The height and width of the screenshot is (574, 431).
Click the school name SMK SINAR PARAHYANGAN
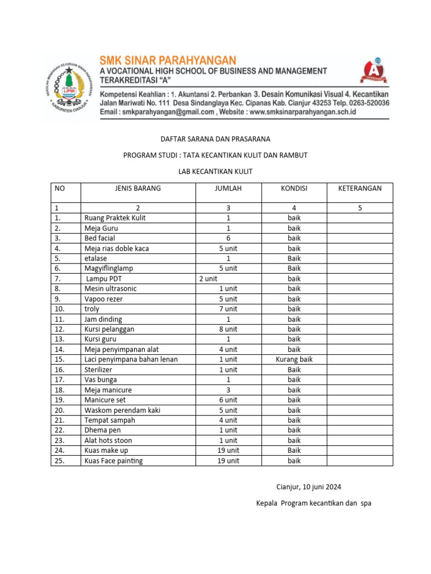[168, 60]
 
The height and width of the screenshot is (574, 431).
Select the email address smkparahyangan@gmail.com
[169, 112]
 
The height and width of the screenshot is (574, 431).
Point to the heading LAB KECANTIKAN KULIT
[215, 172]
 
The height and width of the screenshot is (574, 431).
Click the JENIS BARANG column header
[137, 188]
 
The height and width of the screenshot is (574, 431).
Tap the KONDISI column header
[294, 188]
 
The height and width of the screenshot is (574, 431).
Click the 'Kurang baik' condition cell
[294, 359]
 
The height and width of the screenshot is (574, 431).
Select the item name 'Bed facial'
[100, 238]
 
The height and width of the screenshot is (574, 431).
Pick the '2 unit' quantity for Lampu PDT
[208, 279]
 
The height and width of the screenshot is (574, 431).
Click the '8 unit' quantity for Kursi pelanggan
[228, 329]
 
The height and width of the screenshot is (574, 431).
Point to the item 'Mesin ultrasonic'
[111, 289]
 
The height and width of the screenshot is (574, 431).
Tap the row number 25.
[60, 461]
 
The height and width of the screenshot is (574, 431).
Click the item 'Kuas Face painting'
[113, 461]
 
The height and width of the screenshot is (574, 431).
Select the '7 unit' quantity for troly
[228, 309]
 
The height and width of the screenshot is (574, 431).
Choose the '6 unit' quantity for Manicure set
[228, 400]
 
